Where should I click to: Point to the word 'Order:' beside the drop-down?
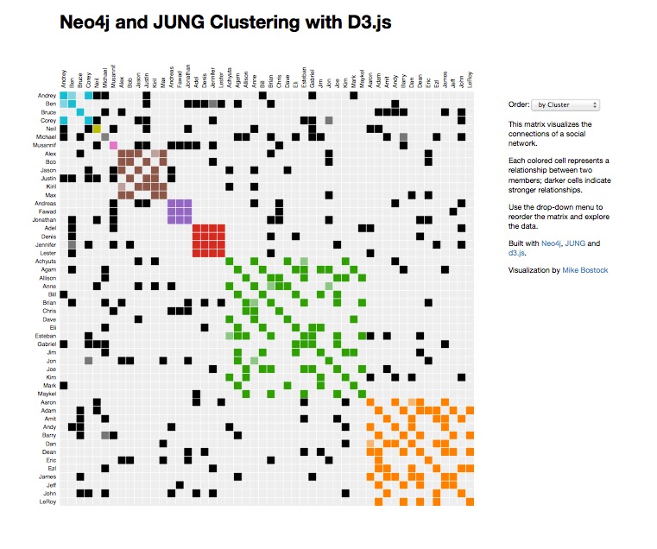tap(518, 104)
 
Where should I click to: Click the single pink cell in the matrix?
tap(113, 145)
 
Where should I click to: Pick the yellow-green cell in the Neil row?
tap(97, 128)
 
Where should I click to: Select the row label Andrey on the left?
tap(47, 95)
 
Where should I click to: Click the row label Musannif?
tap(45, 145)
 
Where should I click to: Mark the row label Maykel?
tap(47, 394)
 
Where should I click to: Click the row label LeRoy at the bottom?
tap(48, 502)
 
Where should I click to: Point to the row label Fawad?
tap(47, 211)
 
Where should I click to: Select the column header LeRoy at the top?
tap(470, 79)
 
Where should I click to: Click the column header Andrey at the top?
tap(64, 78)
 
